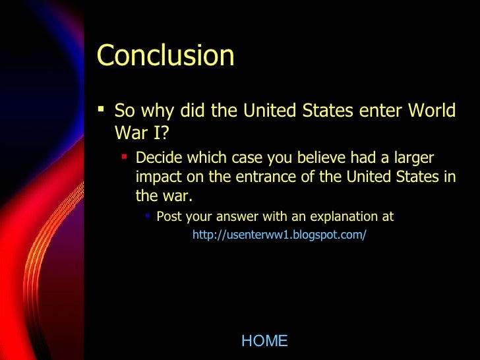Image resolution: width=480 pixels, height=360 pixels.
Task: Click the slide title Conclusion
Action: point(165,56)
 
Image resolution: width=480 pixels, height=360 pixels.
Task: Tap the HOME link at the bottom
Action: point(264,341)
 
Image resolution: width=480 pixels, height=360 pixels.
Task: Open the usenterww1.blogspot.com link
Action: point(279,235)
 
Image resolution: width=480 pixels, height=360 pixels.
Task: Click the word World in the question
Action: point(430,110)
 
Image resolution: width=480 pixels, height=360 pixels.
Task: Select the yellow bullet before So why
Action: point(101,109)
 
